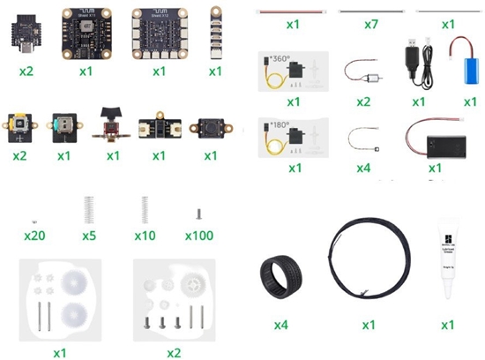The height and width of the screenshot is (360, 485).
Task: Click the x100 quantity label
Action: tap(201, 236)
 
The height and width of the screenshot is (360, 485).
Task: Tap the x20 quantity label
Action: tap(34, 236)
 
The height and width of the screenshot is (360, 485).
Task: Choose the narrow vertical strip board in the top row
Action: tap(215, 29)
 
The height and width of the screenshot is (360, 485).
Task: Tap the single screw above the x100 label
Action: tap(200, 213)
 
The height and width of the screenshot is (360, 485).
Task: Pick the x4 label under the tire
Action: tap(280, 326)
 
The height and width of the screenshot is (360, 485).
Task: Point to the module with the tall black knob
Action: tap(112, 126)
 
